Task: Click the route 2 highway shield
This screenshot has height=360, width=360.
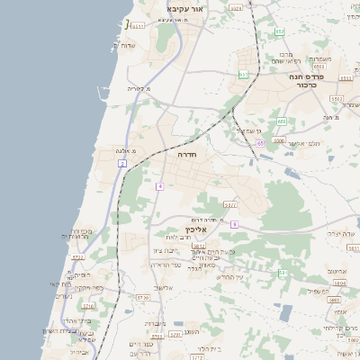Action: coord(121,163)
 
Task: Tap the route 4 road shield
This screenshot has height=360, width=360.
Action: coord(158,186)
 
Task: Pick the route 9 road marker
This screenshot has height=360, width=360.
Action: coord(233,223)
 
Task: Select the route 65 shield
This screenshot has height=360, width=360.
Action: coord(259,142)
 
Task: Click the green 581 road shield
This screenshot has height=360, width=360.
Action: coord(283,272)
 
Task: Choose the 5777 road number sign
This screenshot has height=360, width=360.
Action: coord(230,205)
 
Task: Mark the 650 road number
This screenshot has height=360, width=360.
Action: coord(282,121)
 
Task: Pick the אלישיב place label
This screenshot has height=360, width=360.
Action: coord(162,287)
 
